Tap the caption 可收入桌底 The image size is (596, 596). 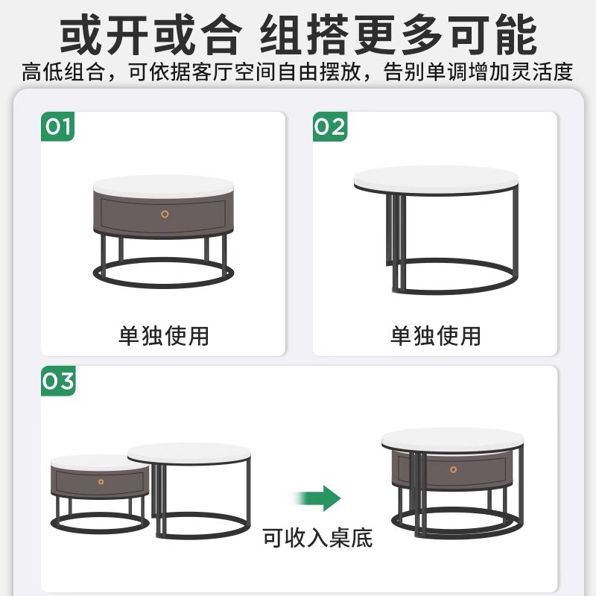(317, 538)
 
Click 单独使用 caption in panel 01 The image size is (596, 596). (164, 335)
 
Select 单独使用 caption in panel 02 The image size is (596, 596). (436, 335)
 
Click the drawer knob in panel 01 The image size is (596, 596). (165, 214)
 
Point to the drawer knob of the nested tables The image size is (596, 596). (453, 469)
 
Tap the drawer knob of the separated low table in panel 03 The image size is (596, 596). (101, 482)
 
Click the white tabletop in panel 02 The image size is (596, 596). (435, 180)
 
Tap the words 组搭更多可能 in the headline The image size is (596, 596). (399, 34)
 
